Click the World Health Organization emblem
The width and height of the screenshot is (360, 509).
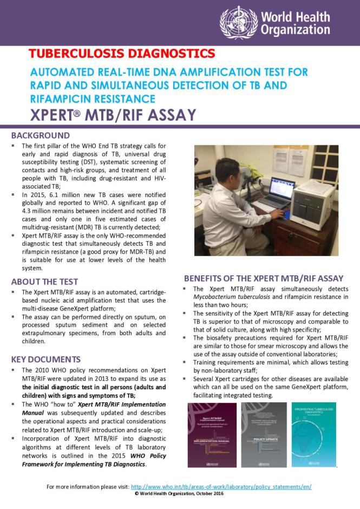click(x=239, y=22)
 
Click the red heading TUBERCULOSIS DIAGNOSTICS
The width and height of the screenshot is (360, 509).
click(x=122, y=54)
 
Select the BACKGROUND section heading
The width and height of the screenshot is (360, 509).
click(x=41, y=135)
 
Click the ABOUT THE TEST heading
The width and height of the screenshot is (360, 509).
click(x=45, y=282)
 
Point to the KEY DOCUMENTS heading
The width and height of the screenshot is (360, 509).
click(x=46, y=360)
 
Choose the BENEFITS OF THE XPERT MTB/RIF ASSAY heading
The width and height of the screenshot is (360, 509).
click(x=264, y=278)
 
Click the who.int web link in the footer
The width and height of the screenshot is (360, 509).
click(x=221, y=487)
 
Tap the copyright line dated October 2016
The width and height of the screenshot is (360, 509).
click(x=179, y=494)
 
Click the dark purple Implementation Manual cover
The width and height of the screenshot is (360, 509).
click(x=211, y=435)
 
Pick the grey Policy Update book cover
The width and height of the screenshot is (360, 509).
click(x=264, y=435)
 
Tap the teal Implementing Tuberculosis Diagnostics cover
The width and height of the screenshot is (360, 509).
click(x=313, y=435)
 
